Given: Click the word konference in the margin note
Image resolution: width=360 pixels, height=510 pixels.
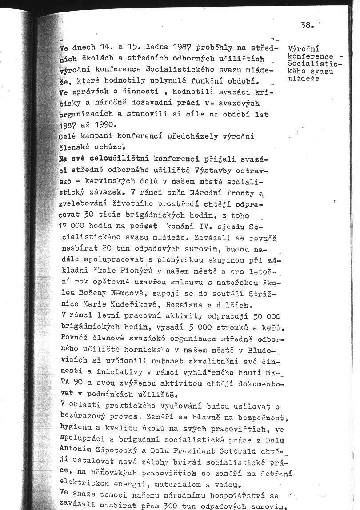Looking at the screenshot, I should coord(310,56).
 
